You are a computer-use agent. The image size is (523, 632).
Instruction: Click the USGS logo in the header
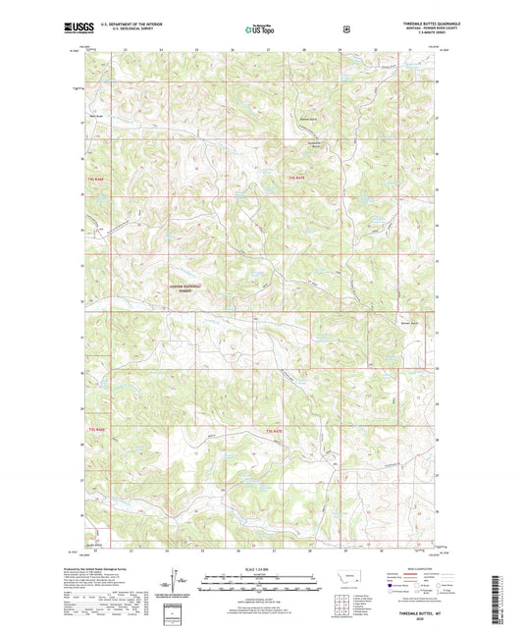pos(73,30)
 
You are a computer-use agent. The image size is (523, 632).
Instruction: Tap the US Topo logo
pos(260,30)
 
